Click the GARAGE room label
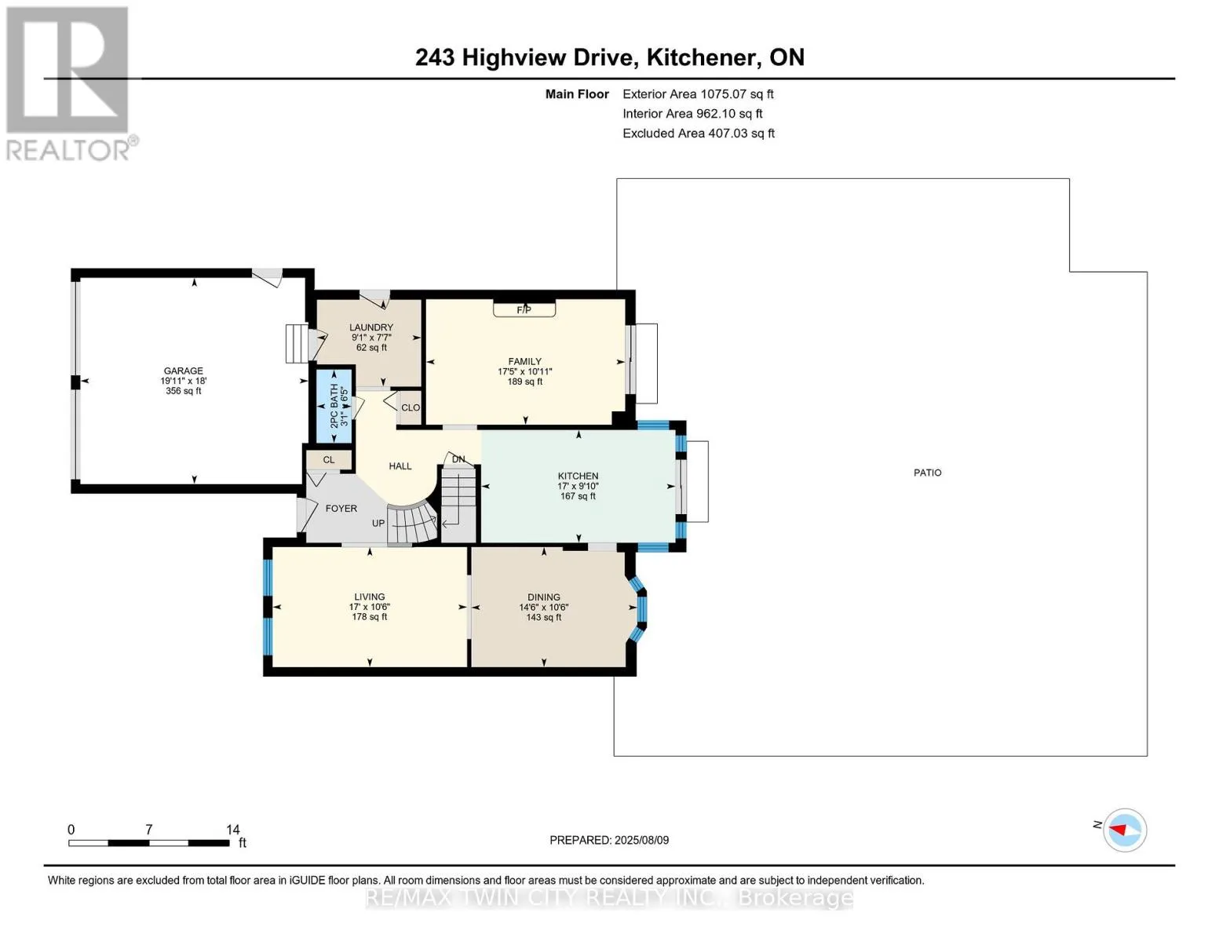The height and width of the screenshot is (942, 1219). coord(184,371)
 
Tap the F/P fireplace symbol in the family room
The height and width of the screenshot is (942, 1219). coord(524,309)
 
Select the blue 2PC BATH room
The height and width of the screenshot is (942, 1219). coord(334,406)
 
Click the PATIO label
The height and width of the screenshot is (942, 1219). coord(927,473)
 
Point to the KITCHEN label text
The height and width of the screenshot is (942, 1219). coord(578,476)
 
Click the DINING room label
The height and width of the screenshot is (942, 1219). coord(544,597)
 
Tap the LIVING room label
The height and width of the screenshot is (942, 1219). coord(370,597)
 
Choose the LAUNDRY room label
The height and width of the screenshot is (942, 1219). coord(371,327)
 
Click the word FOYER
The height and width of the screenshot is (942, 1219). coord(341,509)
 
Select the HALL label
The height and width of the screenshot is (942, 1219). coord(400,466)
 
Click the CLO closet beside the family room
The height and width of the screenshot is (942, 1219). coord(411,408)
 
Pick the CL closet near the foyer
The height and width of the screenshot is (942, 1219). coord(329,460)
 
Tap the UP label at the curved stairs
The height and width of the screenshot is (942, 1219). coord(378,524)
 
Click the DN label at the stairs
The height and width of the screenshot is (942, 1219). coord(458,459)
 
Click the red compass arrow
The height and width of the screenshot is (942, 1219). coord(1118,830)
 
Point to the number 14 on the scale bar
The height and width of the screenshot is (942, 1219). coord(233,829)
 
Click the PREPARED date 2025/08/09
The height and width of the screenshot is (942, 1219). coord(641,840)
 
